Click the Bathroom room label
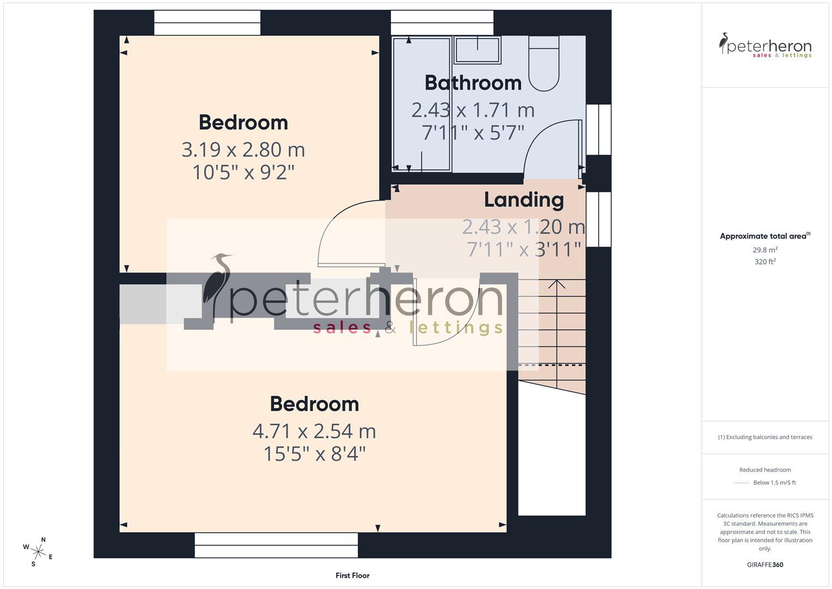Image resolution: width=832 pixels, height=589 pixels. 473,83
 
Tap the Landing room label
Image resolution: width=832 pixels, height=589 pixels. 524,200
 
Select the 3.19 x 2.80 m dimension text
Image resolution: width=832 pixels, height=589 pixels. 243,149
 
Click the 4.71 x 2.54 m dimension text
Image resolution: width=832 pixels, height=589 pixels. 314,431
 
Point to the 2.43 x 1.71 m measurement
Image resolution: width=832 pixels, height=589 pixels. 473,110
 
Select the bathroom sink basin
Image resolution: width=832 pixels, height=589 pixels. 477,49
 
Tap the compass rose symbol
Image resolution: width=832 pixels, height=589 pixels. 38,551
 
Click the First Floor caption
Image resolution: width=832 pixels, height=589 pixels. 353,575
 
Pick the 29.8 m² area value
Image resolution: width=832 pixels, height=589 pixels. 765,250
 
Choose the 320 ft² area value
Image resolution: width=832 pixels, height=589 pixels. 765,262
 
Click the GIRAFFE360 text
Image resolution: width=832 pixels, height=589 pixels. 765,564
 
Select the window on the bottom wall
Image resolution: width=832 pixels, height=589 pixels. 276,545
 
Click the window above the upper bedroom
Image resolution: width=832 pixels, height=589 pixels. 207,23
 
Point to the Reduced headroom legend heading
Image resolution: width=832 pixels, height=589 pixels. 765,470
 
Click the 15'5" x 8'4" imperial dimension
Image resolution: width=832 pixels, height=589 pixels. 314,454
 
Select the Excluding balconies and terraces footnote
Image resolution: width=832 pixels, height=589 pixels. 765,437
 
